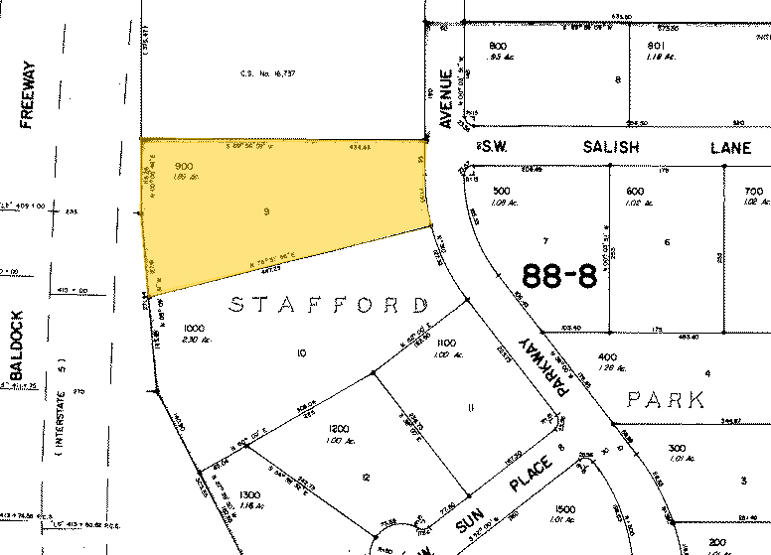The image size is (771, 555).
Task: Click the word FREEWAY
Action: click(28, 95)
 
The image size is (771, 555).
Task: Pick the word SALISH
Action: click(611, 147)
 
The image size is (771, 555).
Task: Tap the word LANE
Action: click(730, 147)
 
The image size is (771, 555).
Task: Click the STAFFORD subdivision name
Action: click(328, 304)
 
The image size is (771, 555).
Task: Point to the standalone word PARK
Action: click(666, 400)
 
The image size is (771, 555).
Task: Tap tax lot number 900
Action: click(183, 166)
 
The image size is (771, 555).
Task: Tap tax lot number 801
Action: click(656, 46)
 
